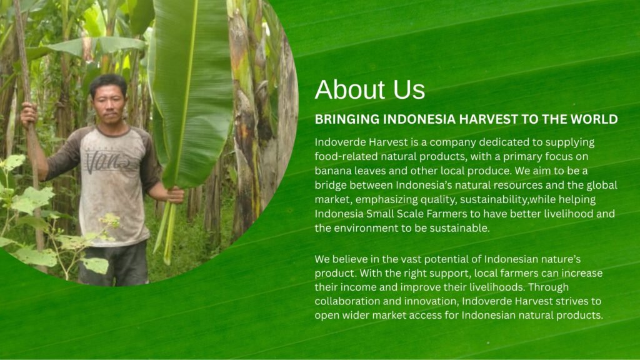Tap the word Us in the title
pos(409,89)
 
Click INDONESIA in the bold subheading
pos(419,119)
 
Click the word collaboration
pos(345,301)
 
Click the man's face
pos(109,104)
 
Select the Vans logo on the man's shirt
pos(107,161)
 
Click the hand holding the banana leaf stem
pos(175,195)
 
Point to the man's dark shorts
pos(112,263)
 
